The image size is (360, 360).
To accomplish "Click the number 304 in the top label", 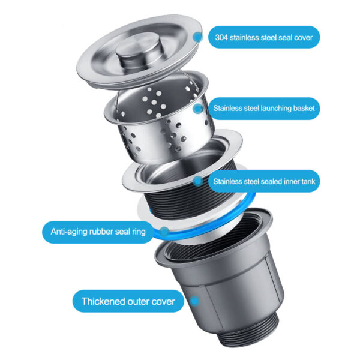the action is (221, 37).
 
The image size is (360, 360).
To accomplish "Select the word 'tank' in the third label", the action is (308, 181).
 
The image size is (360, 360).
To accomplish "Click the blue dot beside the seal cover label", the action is (197, 37).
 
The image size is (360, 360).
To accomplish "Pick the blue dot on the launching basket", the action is (197, 109).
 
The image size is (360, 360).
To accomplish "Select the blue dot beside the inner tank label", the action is (198, 181).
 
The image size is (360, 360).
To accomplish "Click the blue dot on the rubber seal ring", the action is (164, 232).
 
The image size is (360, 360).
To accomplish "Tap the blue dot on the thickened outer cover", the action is (195, 301).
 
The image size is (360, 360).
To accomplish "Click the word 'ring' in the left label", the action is (139, 232).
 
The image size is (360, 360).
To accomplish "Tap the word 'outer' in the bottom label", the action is (137, 301).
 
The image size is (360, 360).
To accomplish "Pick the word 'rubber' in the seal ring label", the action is (101, 232).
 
